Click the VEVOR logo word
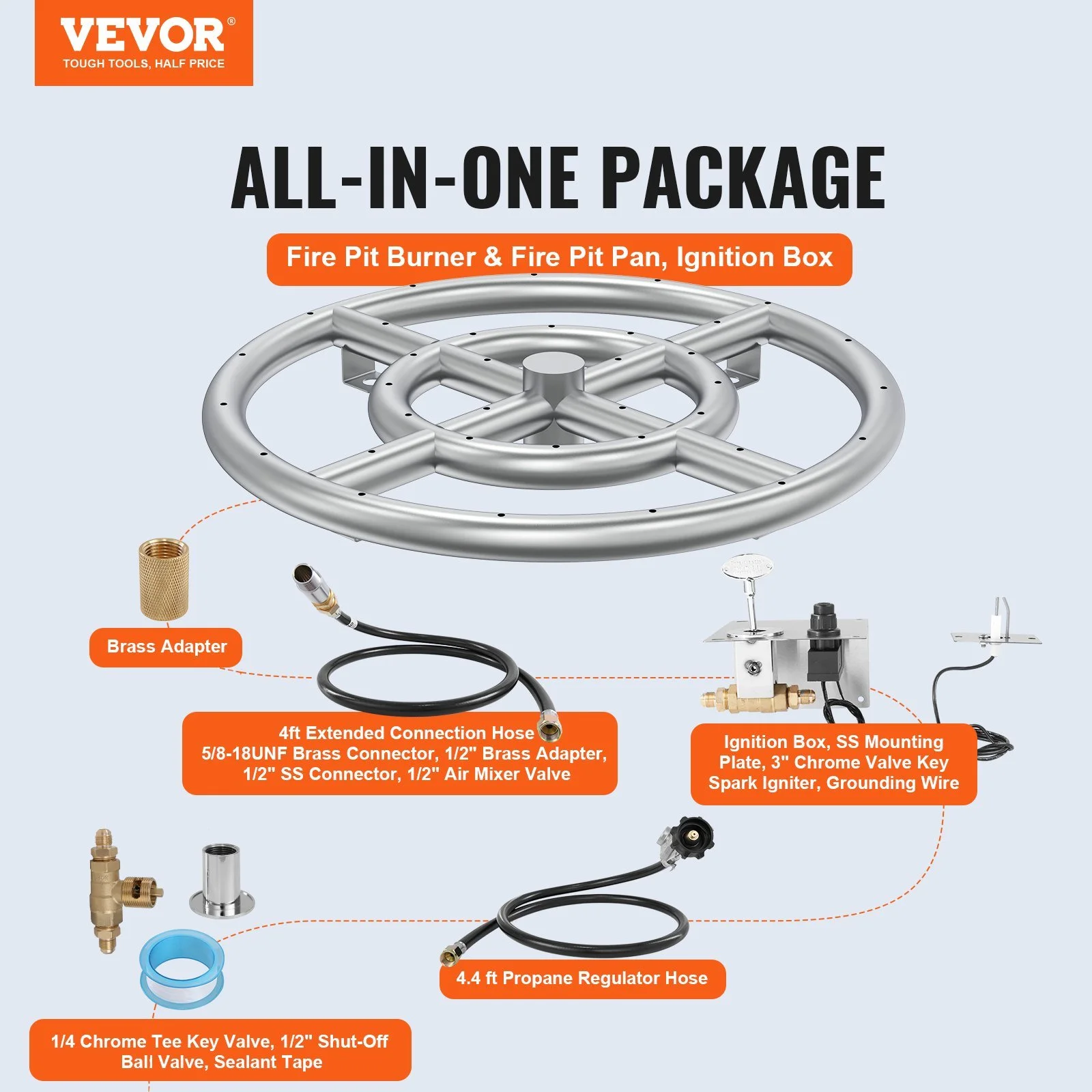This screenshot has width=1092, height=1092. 142,35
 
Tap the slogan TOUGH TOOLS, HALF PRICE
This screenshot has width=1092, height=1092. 143,63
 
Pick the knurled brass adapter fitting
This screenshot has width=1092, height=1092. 164,578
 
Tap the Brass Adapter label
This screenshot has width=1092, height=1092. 167,646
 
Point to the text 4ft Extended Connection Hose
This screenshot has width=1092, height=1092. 406,733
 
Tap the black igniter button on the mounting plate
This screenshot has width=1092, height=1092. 822,619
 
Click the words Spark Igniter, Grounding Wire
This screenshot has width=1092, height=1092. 833,783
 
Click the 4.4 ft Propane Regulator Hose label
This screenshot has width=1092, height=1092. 581,978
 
